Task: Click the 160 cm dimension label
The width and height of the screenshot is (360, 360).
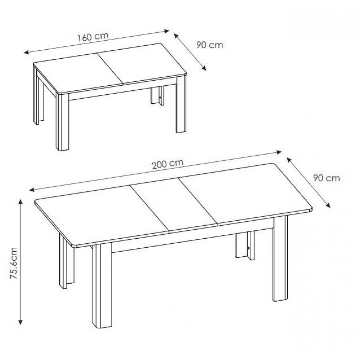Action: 93,37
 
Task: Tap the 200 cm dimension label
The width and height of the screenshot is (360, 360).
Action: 168,164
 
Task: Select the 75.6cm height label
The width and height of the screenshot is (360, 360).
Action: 14,263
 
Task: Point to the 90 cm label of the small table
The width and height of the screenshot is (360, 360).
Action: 210,45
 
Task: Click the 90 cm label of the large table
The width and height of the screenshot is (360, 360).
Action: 327,178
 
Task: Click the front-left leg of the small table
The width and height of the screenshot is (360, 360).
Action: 62,122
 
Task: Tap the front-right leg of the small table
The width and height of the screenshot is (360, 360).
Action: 181,104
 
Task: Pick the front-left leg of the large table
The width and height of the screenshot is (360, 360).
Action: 102,285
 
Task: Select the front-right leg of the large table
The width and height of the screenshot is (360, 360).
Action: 280,258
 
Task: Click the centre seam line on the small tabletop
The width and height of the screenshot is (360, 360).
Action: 110,69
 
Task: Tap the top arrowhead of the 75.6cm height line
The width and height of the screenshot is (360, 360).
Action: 21,202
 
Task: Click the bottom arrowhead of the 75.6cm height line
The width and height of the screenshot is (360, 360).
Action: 21,322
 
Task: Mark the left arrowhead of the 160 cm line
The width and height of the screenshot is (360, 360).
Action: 27,53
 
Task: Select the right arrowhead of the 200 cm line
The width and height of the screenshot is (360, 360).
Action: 279,152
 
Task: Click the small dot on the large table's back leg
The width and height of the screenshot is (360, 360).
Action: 249,248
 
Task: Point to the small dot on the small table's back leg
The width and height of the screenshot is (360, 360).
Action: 160,98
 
